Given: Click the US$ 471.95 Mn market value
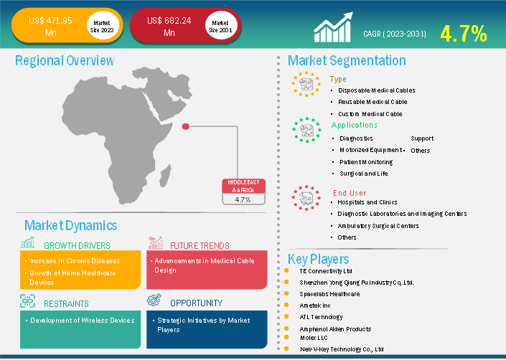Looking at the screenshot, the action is click(x=51, y=27).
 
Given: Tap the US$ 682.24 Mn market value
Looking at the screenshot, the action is click(x=169, y=27).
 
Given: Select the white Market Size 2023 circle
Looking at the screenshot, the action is click(x=102, y=26).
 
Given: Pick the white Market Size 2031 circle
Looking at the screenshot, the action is click(x=220, y=26).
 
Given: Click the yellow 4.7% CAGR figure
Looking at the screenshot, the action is click(x=464, y=34).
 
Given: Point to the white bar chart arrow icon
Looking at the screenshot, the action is click(x=333, y=27).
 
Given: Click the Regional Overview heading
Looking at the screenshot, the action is click(x=65, y=60).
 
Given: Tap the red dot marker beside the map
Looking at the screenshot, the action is click(x=186, y=126).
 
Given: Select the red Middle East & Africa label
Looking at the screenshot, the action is click(x=243, y=186).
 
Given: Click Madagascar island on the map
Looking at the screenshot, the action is click(x=164, y=176).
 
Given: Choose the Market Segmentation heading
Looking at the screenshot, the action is click(x=347, y=60).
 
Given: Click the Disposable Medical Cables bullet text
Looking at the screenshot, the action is click(x=377, y=90).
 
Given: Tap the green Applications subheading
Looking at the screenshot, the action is click(x=354, y=125).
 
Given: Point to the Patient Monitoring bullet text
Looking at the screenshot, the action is click(x=366, y=162).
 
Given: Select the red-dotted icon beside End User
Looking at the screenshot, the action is click(x=306, y=198).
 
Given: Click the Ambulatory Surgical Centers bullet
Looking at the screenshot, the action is click(x=378, y=226).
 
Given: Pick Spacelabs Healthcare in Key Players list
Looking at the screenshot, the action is click(x=329, y=294).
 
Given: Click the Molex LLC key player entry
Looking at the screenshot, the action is click(x=314, y=338).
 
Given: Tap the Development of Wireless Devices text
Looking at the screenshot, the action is click(x=83, y=321).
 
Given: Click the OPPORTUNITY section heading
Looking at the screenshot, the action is click(x=196, y=303).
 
